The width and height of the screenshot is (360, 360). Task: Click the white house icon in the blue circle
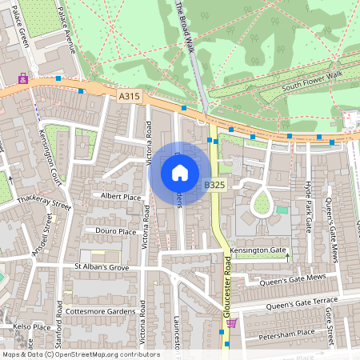pyautogui.click(x=180, y=172)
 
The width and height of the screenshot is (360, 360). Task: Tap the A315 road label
pyautogui.click(x=129, y=96)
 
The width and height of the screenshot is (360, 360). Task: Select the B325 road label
pyautogui.click(x=214, y=185)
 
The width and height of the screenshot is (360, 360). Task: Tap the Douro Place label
pyautogui.click(x=116, y=231)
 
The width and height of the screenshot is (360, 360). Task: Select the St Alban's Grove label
pyautogui.click(x=102, y=266)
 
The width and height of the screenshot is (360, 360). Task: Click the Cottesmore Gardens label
pyautogui.click(x=102, y=311)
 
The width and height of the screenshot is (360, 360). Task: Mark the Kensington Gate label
pyautogui.click(x=258, y=250)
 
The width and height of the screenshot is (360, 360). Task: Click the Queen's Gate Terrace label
pyautogui.click(x=302, y=305)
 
